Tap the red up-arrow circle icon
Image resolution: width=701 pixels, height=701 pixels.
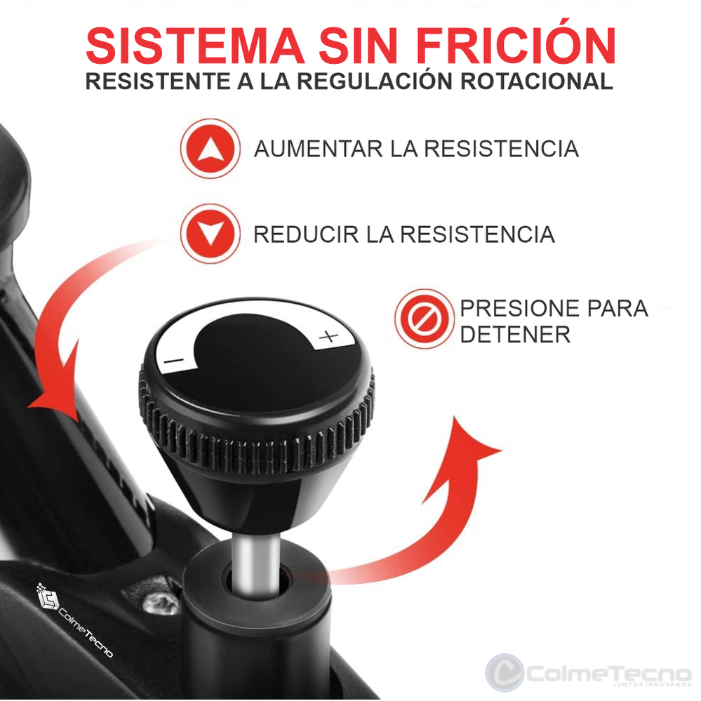point(210,149)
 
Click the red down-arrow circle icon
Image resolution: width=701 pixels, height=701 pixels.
point(210,234)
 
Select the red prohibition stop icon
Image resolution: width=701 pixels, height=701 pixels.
point(425,319)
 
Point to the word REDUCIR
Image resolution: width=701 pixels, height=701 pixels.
point(306,234)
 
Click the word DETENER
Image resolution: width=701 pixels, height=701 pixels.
point(515,335)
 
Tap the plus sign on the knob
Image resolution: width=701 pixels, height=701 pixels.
point(330,336)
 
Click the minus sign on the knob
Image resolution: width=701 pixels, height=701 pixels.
point(173,361)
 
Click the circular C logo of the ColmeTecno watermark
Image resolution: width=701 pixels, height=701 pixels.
point(505,673)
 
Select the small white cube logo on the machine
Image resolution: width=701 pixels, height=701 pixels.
point(47,596)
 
